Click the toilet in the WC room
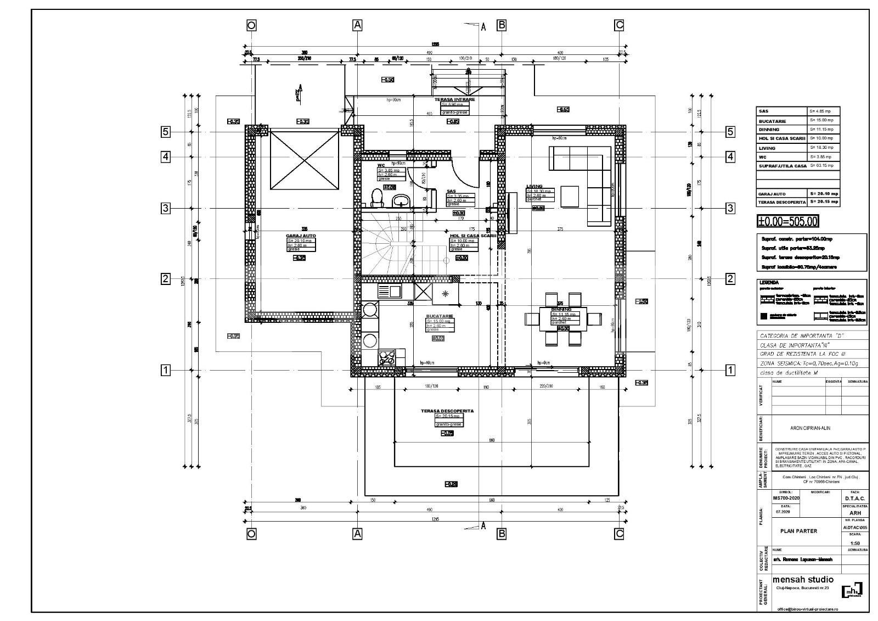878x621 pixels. tap(377, 197)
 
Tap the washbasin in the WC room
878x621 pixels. tap(403, 199)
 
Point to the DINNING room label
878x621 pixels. tap(561, 310)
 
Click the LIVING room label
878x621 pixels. tap(534, 187)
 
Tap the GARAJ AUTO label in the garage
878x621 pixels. tap(301, 236)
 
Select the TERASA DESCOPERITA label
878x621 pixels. tap(447, 411)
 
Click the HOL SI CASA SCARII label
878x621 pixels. tap(472, 236)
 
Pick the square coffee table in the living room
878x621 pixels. tap(569, 197)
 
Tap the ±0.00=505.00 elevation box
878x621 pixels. tap(787, 222)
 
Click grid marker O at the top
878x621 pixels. tap(251, 25)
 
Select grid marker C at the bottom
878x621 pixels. tap(619, 533)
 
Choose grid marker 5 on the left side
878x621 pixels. tap(165, 132)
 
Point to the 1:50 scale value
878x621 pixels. tap(854, 543)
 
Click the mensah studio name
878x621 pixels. tap(802, 580)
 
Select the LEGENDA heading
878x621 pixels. tap(769, 282)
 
